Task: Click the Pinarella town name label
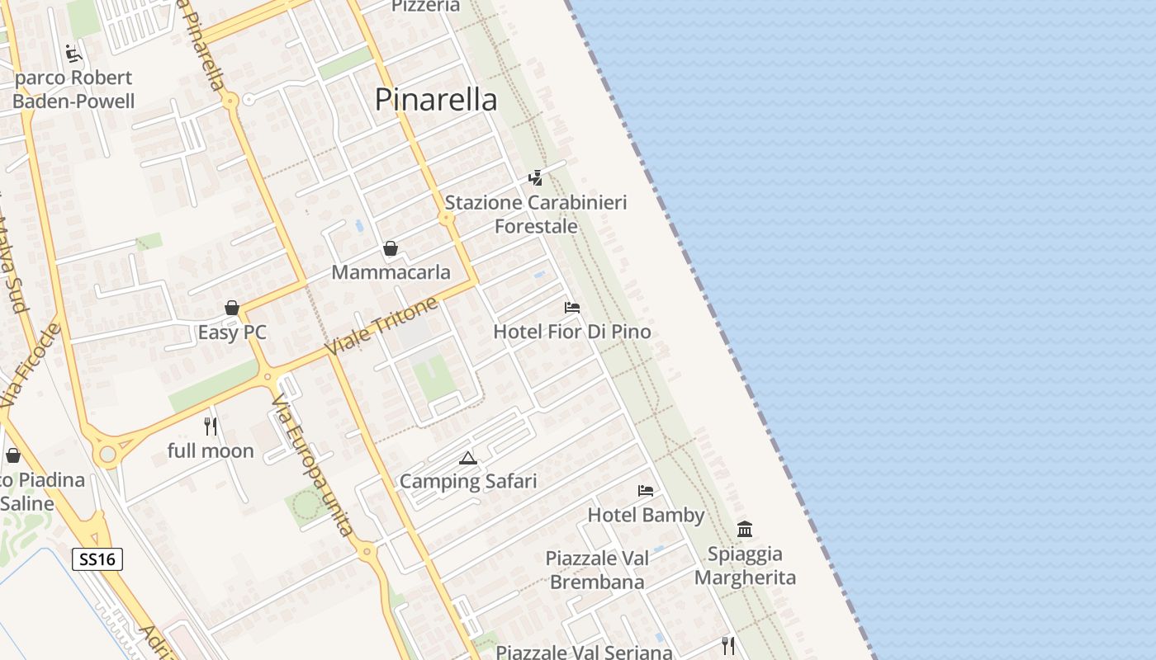pyautogui.click(x=436, y=100)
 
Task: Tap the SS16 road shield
pyautogui.click(x=97, y=559)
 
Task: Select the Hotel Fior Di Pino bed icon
pyautogui.click(x=571, y=308)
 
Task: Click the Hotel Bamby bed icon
pyautogui.click(x=646, y=491)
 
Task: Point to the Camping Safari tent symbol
pyautogui.click(x=468, y=458)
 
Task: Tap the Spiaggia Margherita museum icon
pyautogui.click(x=745, y=530)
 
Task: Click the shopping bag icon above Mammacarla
pyautogui.click(x=391, y=248)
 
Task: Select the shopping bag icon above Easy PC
pyautogui.click(x=232, y=309)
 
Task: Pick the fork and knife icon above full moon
pyautogui.click(x=211, y=427)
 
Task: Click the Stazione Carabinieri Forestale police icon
pyautogui.click(x=535, y=177)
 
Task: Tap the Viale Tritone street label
pyautogui.click(x=381, y=328)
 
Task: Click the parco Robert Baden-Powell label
pyautogui.click(x=73, y=90)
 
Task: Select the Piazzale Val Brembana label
pyautogui.click(x=597, y=570)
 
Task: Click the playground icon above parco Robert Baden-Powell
pyautogui.click(x=73, y=54)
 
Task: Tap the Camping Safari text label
pyautogui.click(x=468, y=481)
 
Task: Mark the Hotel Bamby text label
pyautogui.click(x=646, y=516)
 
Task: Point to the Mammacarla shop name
pyautogui.click(x=391, y=272)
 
